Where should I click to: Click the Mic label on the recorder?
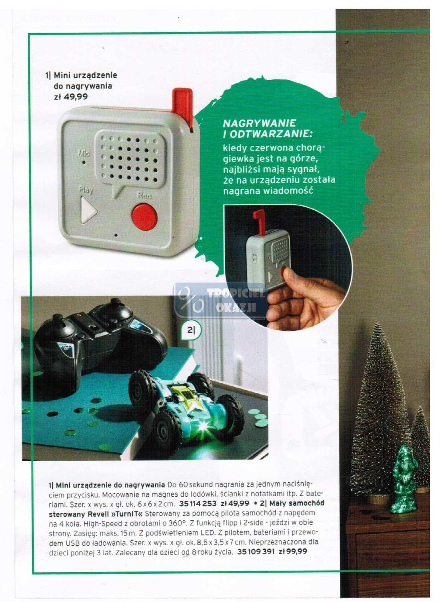(x=84, y=154)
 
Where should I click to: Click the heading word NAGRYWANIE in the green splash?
(x=259, y=123)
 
